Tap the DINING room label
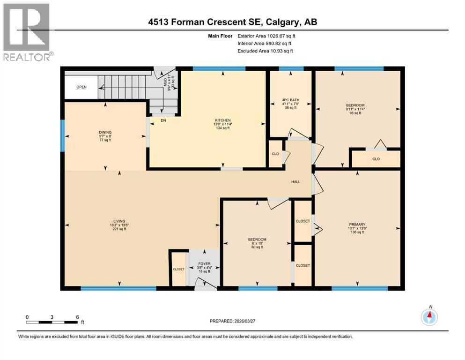(105, 133)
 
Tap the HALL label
(295, 182)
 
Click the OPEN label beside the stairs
(81, 87)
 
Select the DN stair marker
(163, 120)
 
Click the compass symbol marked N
(429, 317)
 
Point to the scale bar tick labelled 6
(77, 316)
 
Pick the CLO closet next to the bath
(275, 153)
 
